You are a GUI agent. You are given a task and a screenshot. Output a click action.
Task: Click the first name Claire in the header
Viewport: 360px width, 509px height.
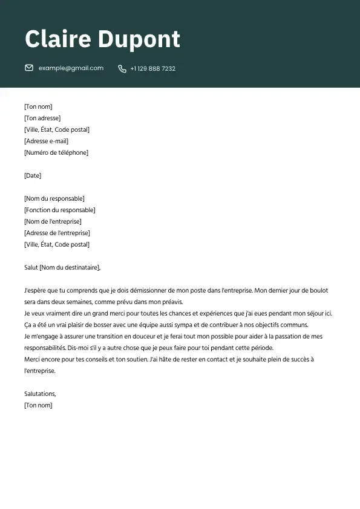point(58,39)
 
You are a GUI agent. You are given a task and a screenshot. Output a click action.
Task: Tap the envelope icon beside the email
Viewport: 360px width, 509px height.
point(29,68)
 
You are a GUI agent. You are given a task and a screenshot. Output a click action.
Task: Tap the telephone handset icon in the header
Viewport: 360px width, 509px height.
point(122,69)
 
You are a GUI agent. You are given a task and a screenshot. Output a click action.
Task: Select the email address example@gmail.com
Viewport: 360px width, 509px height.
point(71,68)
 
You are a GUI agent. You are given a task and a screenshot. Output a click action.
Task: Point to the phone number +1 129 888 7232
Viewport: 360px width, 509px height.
point(152,69)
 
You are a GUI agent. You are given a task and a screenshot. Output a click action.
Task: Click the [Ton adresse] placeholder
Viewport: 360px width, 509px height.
point(42,118)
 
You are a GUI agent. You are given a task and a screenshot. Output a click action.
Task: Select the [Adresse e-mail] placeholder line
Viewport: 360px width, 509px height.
point(47,141)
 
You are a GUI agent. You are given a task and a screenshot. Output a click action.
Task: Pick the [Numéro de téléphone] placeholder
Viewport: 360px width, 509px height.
point(56,153)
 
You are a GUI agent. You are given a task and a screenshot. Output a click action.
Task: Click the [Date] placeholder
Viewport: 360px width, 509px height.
point(33,176)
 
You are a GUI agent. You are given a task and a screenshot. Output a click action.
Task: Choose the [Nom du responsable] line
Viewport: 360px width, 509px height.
point(54,199)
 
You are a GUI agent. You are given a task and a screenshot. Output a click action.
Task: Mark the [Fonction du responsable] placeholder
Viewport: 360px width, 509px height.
point(60,210)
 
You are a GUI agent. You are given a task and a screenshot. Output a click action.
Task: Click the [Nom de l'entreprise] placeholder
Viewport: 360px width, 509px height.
point(53,222)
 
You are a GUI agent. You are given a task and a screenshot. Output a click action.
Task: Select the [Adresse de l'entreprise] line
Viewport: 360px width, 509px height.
point(57,233)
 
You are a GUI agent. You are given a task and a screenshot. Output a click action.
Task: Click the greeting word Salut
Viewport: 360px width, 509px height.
point(31,268)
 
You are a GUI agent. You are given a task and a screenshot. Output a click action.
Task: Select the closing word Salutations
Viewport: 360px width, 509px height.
point(40,394)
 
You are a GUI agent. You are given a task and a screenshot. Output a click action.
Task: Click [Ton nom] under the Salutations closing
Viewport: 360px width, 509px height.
point(38,406)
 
